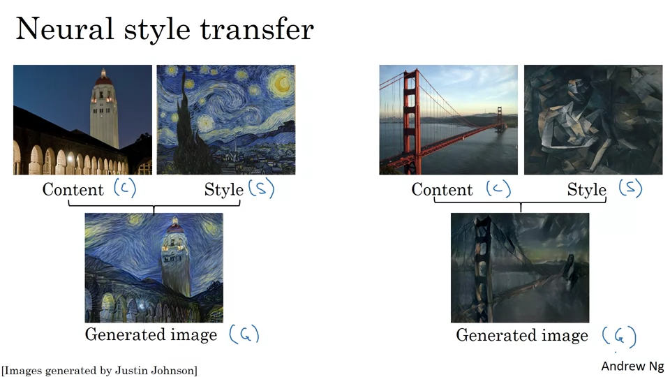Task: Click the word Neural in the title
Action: tap(64, 29)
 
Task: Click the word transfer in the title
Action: tap(257, 29)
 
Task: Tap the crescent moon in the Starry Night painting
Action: tap(282, 82)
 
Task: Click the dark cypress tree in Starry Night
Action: tap(190, 124)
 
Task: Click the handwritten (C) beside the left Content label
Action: tap(125, 188)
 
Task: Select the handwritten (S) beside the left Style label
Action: tap(261, 188)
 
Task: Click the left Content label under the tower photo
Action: tap(73, 189)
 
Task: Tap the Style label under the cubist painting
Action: tap(587, 190)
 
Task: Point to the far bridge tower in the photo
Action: tap(500, 118)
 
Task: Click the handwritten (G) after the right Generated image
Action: tap(619, 336)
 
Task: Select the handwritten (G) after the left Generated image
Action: tap(244, 334)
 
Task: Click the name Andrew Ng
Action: tap(632, 367)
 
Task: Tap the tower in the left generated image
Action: tap(175, 258)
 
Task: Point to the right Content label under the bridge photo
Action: tap(442, 189)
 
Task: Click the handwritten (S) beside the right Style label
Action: tap(631, 188)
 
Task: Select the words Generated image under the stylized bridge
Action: tap(522, 336)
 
